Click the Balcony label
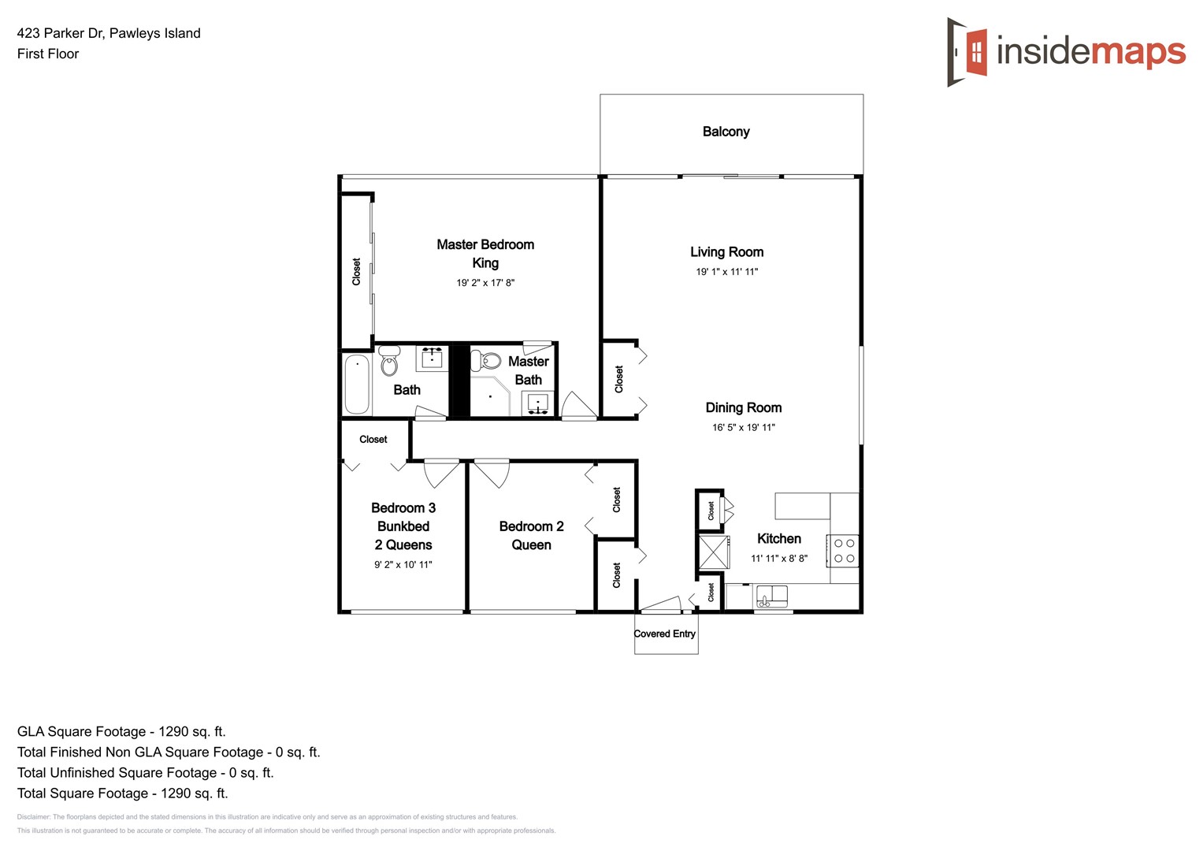coord(726,132)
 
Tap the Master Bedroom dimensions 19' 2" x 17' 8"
coord(485,283)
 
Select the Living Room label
coord(726,252)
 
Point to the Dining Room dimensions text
coord(743,428)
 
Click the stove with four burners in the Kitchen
coord(844,551)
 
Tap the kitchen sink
coord(771,596)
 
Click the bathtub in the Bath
coord(357,385)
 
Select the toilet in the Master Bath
coord(488,362)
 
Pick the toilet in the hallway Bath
coord(388,362)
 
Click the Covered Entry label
coord(664,634)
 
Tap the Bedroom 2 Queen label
coord(531,536)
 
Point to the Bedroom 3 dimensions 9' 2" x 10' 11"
coord(403,565)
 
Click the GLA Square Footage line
coord(121,731)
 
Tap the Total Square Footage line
coord(122,793)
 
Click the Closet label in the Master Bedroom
coord(356,271)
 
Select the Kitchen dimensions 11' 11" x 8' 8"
coord(778,559)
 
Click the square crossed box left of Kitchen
coord(714,552)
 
